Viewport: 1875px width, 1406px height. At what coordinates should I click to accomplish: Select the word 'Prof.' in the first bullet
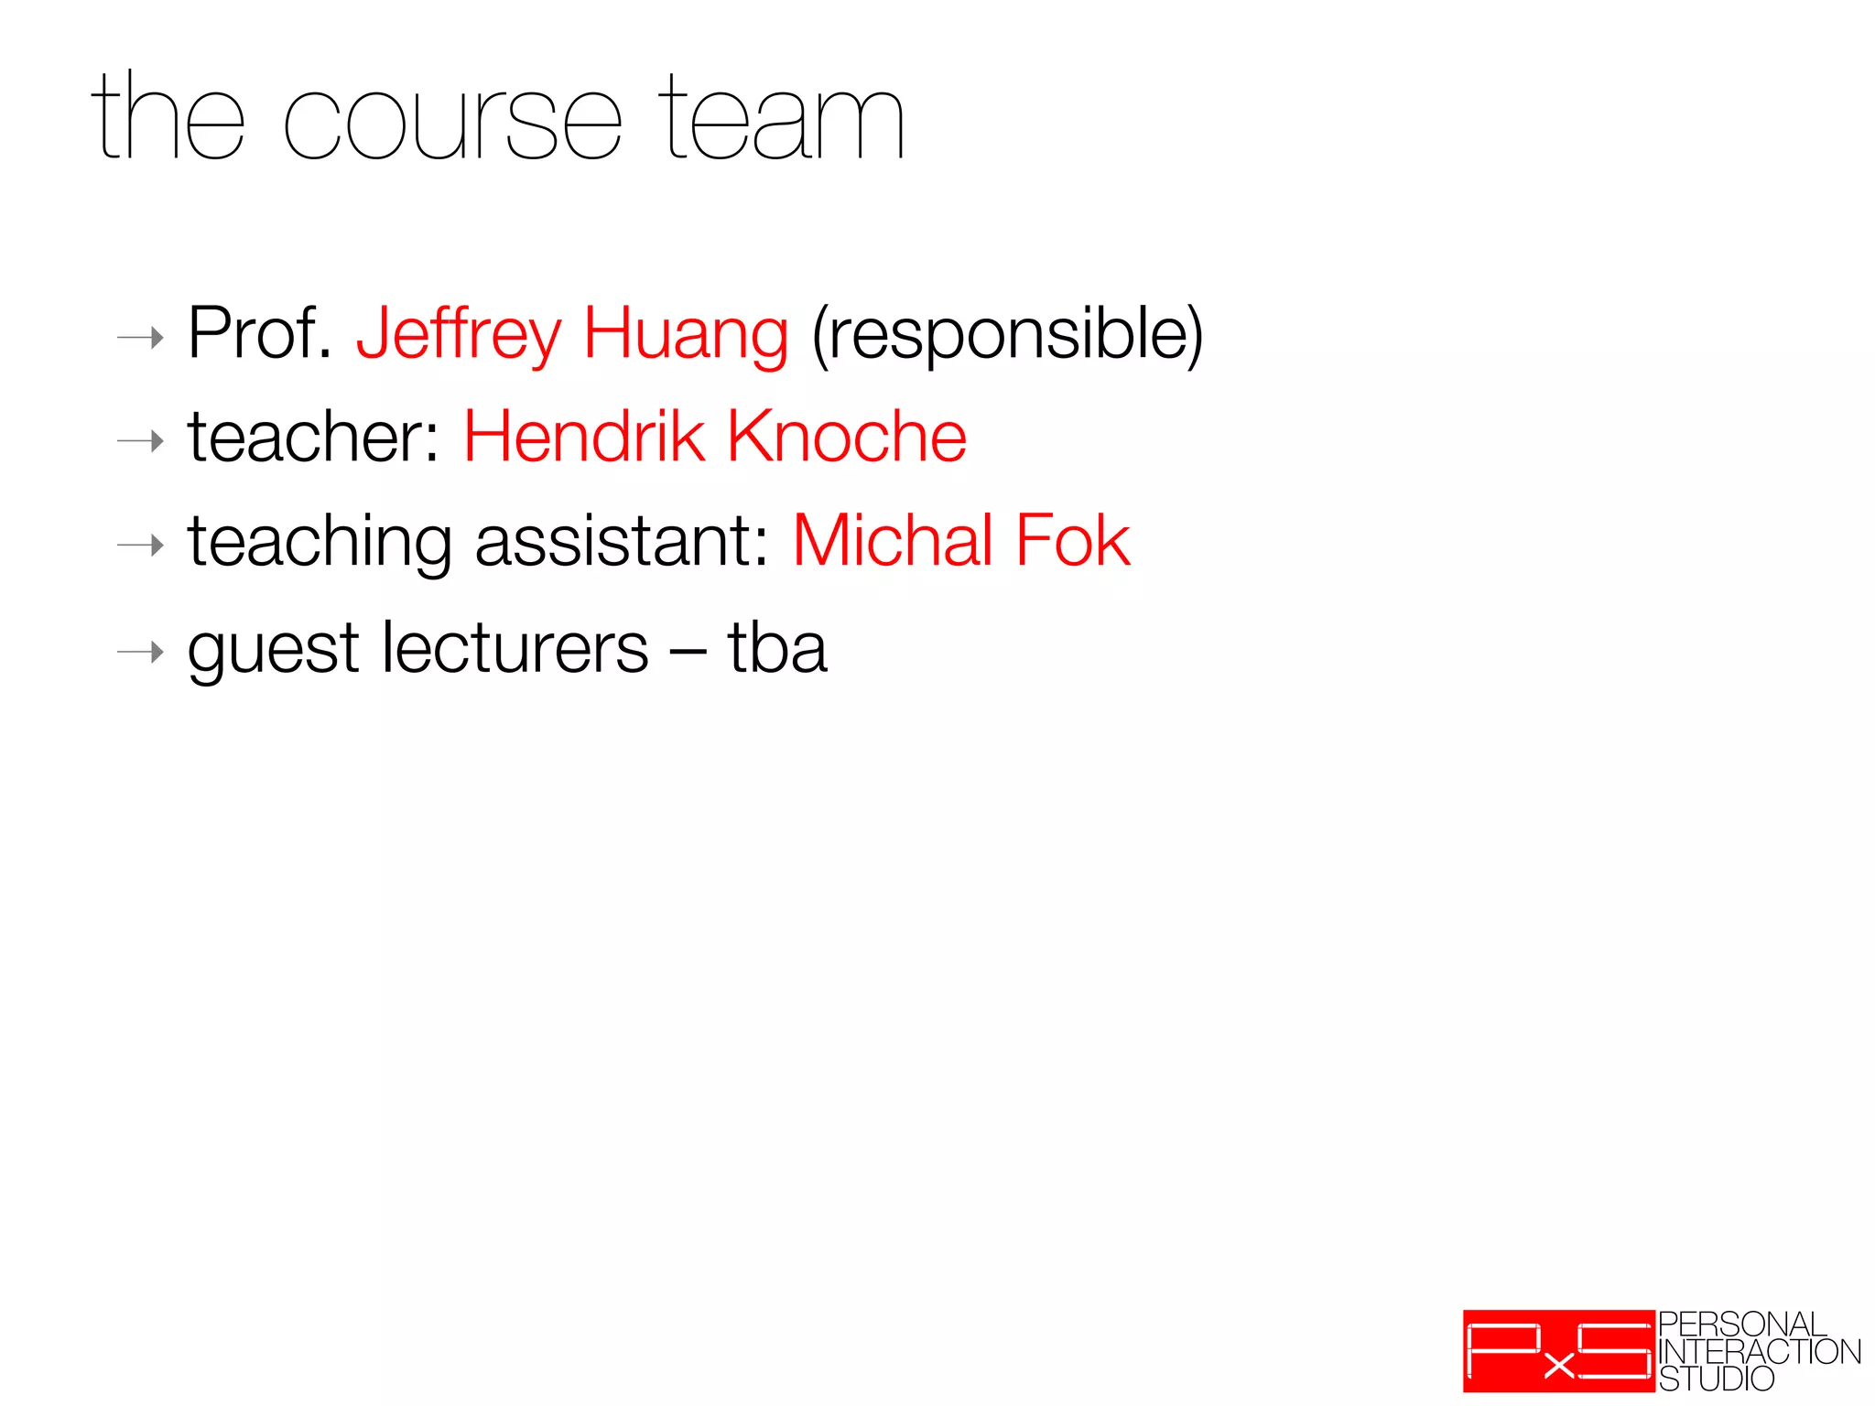[x=259, y=333]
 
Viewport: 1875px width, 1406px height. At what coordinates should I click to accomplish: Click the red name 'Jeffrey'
[x=459, y=335]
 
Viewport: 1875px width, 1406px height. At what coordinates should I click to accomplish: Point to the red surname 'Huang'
[x=686, y=335]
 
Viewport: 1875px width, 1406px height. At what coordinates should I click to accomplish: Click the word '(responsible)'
[x=1007, y=335]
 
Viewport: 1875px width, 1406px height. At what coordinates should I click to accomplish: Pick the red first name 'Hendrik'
[x=584, y=437]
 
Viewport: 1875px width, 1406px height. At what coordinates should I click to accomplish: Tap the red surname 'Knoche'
[x=847, y=437]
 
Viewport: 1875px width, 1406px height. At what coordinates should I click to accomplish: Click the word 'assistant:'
[x=623, y=541]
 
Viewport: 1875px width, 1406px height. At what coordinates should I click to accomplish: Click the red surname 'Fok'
[x=1073, y=541]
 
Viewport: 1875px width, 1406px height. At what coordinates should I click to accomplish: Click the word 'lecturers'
[x=515, y=648]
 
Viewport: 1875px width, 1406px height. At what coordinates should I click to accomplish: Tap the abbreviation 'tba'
[x=777, y=648]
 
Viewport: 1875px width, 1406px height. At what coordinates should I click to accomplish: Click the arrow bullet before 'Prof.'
[x=140, y=338]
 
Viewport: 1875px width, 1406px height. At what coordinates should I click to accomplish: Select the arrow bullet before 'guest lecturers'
[x=140, y=652]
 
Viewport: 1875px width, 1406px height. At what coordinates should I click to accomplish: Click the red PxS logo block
[x=1558, y=1351]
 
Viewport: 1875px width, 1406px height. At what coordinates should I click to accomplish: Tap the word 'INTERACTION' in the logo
[x=1760, y=1352]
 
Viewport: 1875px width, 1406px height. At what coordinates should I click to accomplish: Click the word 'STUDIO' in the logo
[x=1717, y=1379]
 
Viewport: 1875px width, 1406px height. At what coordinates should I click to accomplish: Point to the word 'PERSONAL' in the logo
[x=1742, y=1325]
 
